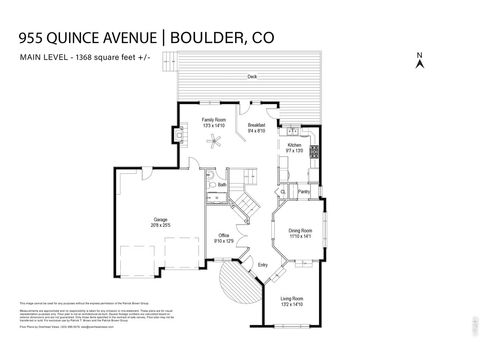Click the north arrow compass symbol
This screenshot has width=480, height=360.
[x=421, y=61]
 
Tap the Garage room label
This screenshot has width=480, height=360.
[x=160, y=219]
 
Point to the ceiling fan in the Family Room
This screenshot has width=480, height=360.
[x=213, y=141]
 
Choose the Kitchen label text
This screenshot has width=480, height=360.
[x=295, y=147]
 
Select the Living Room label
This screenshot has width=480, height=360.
[x=292, y=300]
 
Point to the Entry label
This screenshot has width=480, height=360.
[x=263, y=264]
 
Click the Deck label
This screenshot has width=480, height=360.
[x=252, y=78]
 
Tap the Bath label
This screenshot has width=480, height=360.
[x=222, y=185]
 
